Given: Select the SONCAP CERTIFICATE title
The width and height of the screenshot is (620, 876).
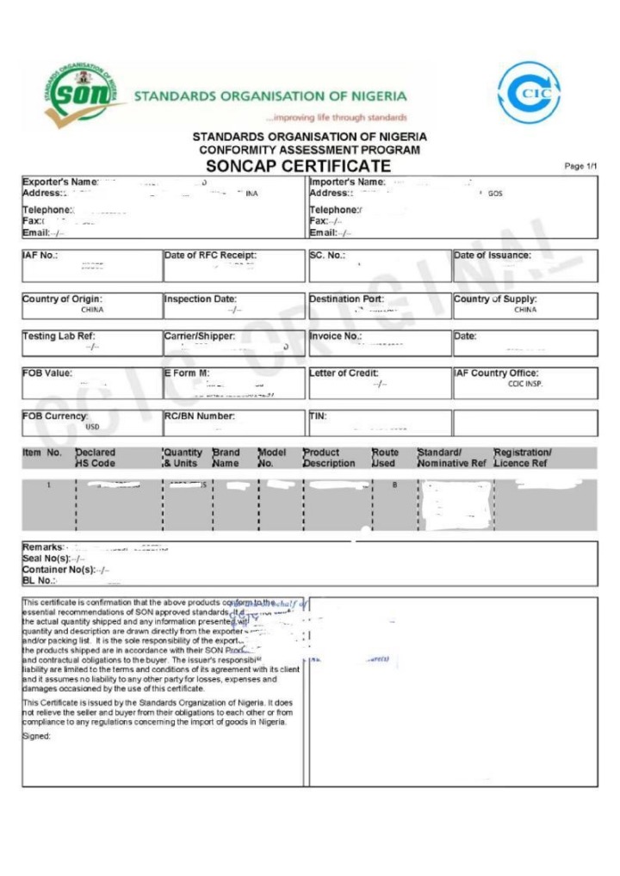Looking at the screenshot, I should (x=299, y=166).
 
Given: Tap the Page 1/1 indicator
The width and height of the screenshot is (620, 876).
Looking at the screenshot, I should (x=580, y=166).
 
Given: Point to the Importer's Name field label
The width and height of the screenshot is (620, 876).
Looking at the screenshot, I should (x=347, y=182).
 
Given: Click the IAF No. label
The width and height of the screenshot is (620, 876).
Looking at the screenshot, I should (x=40, y=256).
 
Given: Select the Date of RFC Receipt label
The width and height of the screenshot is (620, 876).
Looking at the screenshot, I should (x=210, y=256).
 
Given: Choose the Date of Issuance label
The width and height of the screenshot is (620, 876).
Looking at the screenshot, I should (x=493, y=256).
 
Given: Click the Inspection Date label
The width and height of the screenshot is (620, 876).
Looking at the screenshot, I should (x=201, y=299).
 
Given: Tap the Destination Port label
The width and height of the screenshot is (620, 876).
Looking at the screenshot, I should (x=346, y=299).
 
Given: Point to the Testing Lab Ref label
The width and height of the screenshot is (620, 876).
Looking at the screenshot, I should (x=58, y=336).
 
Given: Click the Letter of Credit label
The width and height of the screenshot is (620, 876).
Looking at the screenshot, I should (x=344, y=373).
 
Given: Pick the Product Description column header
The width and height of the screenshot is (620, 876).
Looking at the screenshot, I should (x=328, y=458).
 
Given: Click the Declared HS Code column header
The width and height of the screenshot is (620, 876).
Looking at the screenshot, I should (x=95, y=458).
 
